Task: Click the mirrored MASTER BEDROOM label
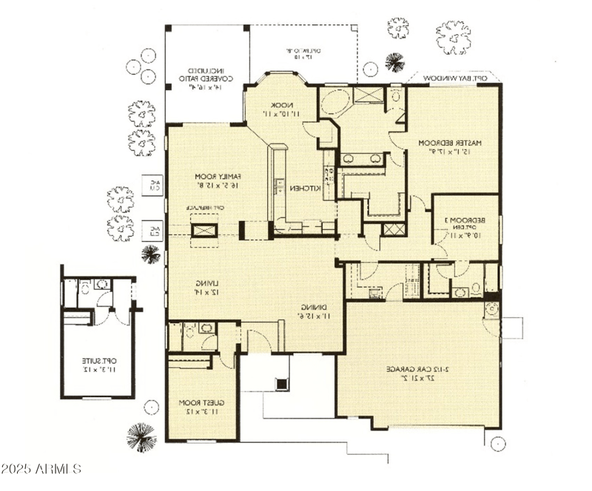[451, 147]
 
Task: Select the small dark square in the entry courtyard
[282, 383]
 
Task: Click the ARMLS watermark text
[41, 469]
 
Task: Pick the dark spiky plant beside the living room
[151, 255]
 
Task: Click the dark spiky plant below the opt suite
[141, 436]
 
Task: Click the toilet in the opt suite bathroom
[85, 285]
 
